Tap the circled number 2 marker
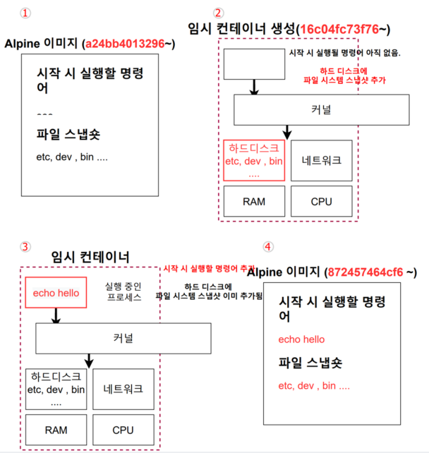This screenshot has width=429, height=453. coord(219,13)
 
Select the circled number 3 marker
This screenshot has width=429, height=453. coord(26,246)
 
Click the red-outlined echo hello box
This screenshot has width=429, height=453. coord(56,292)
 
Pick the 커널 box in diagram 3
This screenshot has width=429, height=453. coord(123,338)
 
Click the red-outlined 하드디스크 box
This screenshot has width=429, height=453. coord(254,160)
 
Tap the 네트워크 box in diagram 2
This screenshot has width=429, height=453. coord(321,160)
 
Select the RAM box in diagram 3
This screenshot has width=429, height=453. coord(56,429)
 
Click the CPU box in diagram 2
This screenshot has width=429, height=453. coord(321,201)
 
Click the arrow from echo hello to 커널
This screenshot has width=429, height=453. coord(56,316)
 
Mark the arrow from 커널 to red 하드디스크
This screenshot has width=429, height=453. coord(286,132)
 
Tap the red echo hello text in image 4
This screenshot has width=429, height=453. coord(301,339)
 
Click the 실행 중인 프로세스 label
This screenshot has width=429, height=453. coord(123,291)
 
